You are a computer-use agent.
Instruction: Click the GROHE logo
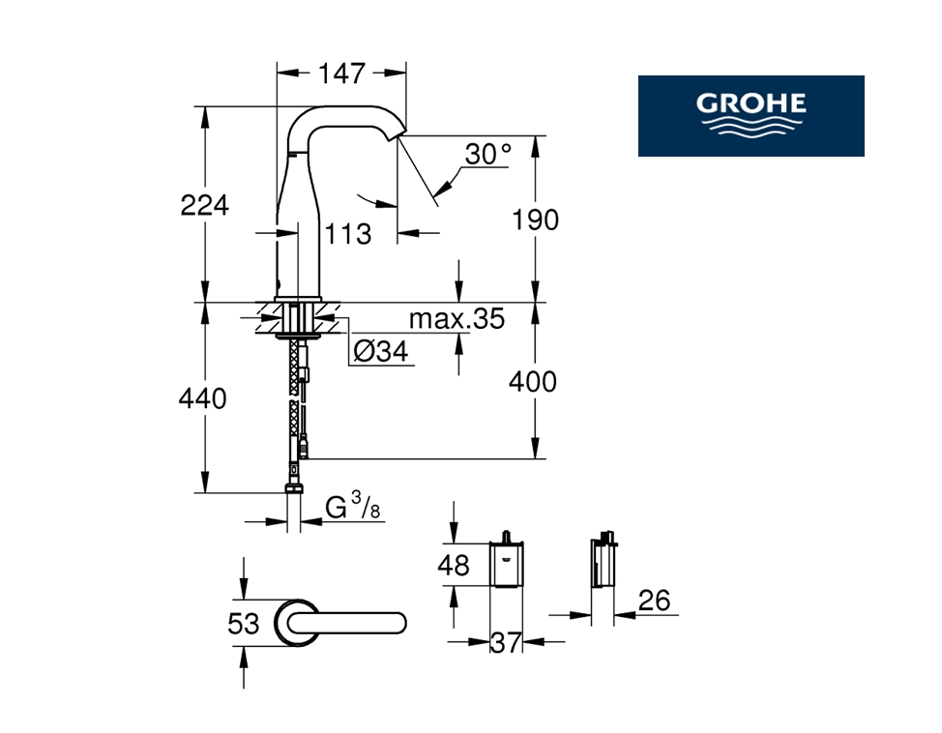click(751, 116)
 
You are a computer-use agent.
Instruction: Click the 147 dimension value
click(341, 73)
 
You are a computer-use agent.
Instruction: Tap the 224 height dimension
click(205, 205)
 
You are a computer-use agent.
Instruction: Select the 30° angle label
click(487, 154)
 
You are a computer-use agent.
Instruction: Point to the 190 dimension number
click(535, 220)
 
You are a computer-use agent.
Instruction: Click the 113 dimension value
click(348, 234)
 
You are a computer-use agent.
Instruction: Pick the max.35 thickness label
click(456, 319)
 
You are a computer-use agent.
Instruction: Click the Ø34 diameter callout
click(381, 351)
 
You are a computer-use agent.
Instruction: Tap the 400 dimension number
click(533, 382)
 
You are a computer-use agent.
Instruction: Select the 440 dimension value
click(202, 398)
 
